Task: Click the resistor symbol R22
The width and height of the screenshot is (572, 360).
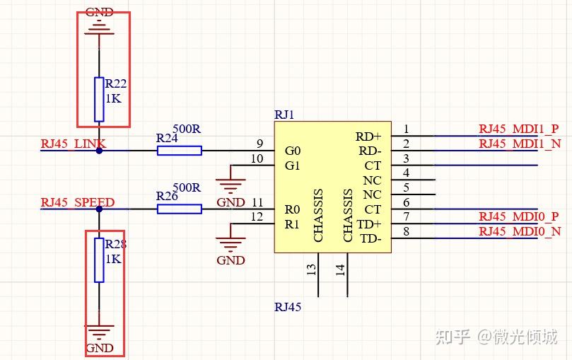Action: click(x=99, y=99)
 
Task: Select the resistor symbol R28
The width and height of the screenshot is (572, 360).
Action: click(x=99, y=260)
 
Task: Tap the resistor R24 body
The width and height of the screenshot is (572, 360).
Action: click(x=179, y=150)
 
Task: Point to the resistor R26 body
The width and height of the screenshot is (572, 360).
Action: click(x=179, y=209)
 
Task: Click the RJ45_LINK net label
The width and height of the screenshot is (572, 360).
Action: click(x=74, y=144)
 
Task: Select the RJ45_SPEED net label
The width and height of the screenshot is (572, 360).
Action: click(x=77, y=202)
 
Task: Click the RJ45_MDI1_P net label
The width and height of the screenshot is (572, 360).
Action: click(x=518, y=129)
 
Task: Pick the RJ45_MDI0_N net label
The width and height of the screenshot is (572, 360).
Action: click(x=520, y=231)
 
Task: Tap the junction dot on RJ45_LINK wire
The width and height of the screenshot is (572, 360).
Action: click(x=99, y=150)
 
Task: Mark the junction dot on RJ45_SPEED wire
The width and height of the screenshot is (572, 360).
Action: click(x=99, y=209)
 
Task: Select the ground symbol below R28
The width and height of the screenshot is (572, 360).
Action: click(x=99, y=331)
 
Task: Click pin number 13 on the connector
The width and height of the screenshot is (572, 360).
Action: click(x=311, y=269)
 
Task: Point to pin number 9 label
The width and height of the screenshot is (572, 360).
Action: click(x=259, y=144)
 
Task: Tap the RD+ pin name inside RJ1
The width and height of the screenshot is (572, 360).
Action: click(x=368, y=136)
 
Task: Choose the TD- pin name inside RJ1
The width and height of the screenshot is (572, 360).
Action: click(x=370, y=238)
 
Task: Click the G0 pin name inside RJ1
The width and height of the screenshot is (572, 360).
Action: click(x=292, y=151)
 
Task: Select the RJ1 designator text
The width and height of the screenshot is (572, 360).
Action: click(x=284, y=115)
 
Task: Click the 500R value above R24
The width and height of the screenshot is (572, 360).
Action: click(x=187, y=129)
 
